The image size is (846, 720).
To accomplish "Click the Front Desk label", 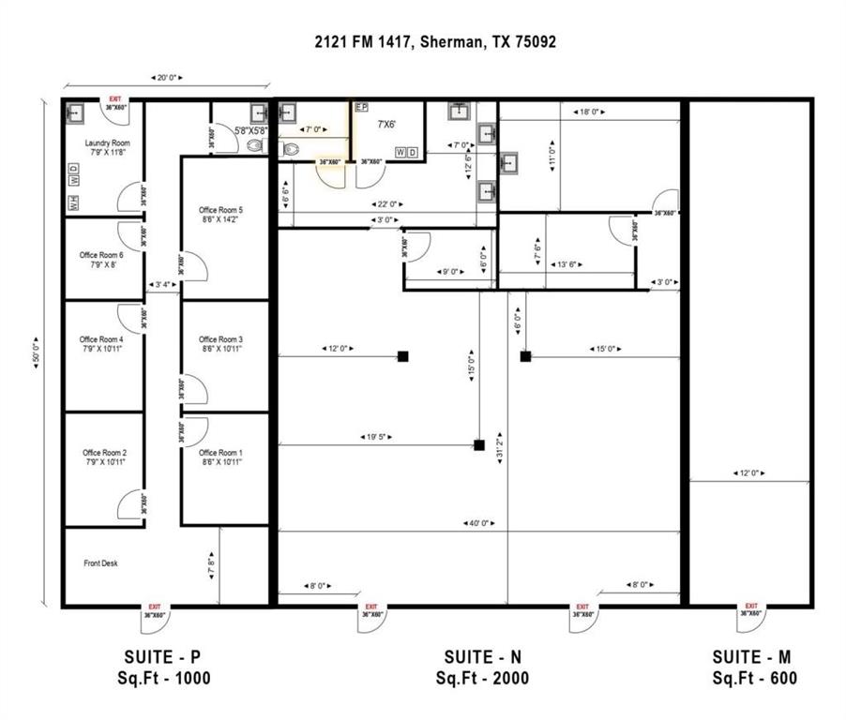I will point(100,563).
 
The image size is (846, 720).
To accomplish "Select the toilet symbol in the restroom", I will point(289,148).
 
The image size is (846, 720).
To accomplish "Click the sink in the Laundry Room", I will point(76,112).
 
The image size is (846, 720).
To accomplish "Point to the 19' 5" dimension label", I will point(377,437).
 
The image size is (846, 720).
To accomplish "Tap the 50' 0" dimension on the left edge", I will point(38,352).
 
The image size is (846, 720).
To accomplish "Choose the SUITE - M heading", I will point(754,656).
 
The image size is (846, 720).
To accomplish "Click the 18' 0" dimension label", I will point(588,112).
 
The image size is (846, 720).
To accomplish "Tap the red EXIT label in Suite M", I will point(751,607).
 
